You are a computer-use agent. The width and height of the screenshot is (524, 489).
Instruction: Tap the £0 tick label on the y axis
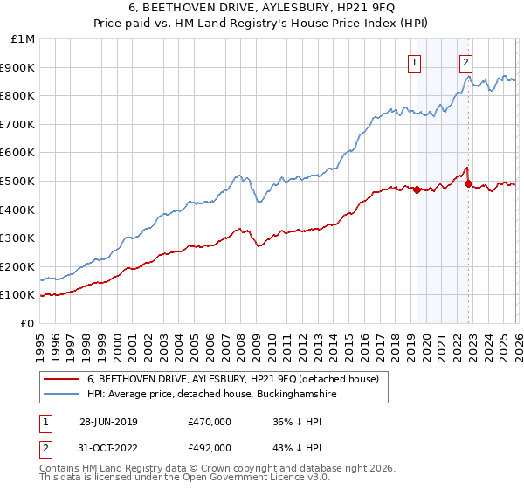point(28,324)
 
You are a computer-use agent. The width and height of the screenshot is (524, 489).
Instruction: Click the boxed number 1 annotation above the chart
point(413,62)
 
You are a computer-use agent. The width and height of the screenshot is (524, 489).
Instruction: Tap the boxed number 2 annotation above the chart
point(466,62)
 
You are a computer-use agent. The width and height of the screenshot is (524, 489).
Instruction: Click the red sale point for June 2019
point(417,189)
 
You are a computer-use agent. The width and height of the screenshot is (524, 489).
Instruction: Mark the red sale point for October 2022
point(468,183)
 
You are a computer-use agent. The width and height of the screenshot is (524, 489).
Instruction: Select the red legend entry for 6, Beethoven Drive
point(232,380)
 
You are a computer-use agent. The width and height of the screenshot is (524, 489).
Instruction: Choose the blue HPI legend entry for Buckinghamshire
point(205,395)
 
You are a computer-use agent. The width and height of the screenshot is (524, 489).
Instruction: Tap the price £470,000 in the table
point(209,422)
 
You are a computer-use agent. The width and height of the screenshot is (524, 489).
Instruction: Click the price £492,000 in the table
point(209,448)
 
